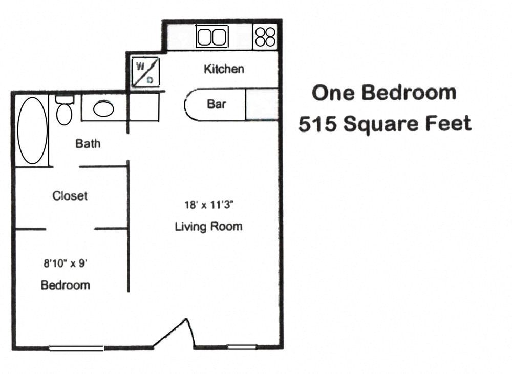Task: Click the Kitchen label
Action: coord(224,69)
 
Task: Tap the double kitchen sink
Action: coord(212,37)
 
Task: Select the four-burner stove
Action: coord(265,37)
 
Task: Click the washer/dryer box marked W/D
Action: coord(145,72)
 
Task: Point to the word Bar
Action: coord(217,104)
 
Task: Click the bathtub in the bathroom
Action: coord(32,130)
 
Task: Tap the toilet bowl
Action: coord(64,113)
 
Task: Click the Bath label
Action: coord(88,144)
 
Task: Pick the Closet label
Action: coord(70,195)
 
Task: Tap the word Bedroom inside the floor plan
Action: coord(66,285)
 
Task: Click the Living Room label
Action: coord(208,226)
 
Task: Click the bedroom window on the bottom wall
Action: coord(76,348)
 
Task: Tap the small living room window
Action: coord(242,347)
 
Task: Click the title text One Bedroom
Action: coord(384,93)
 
